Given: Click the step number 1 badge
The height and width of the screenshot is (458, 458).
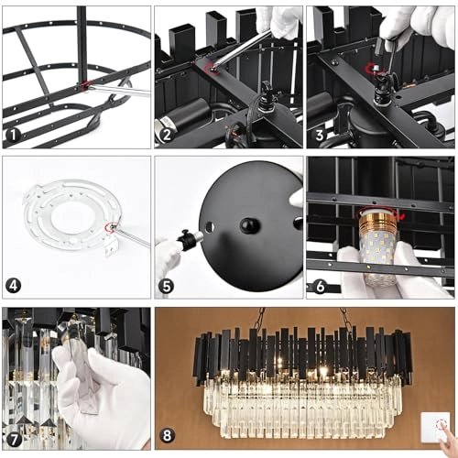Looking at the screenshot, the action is click(x=13, y=135).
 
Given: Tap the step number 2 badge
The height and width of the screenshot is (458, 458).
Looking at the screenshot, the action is click(x=167, y=135).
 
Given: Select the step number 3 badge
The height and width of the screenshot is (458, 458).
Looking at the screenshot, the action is click(x=320, y=135).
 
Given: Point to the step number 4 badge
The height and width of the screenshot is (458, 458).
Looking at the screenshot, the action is click(x=13, y=286).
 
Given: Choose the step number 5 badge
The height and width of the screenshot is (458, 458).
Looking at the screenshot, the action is click(x=167, y=286).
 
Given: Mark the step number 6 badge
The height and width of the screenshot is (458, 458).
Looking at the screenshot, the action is click(x=320, y=286).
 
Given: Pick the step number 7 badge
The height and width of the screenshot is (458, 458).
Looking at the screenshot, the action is click(x=13, y=440).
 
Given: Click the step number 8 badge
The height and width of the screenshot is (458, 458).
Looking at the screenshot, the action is click(x=167, y=435).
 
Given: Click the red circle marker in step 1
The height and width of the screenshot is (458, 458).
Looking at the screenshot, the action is click(x=86, y=86).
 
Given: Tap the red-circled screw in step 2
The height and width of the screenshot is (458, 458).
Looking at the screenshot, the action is click(x=212, y=69).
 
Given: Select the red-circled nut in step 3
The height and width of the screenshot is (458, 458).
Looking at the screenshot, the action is click(x=375, y=68).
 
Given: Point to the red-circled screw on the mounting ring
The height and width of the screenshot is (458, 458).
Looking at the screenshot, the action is click(x=110, y=227).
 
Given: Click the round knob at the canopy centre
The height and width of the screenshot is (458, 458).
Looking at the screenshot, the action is click(x=250, y=226).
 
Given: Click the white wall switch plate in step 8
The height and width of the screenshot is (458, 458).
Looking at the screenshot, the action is click(x=435, y=427).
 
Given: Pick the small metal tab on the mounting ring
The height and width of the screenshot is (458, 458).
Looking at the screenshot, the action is click(x=111, y=247).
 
